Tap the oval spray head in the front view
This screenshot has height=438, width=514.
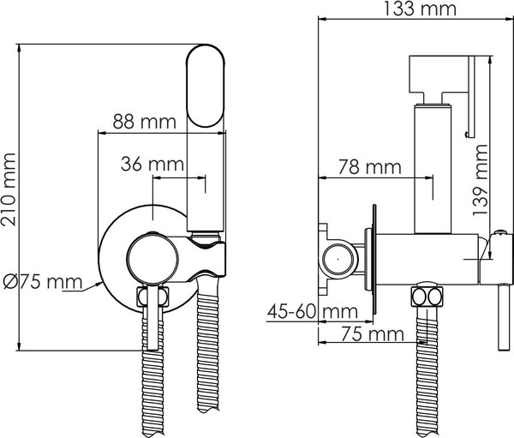(x=206, y=87)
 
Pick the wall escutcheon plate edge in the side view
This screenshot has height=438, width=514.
(x=373, y=257)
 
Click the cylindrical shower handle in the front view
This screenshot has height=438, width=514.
(x=206, y=180)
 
